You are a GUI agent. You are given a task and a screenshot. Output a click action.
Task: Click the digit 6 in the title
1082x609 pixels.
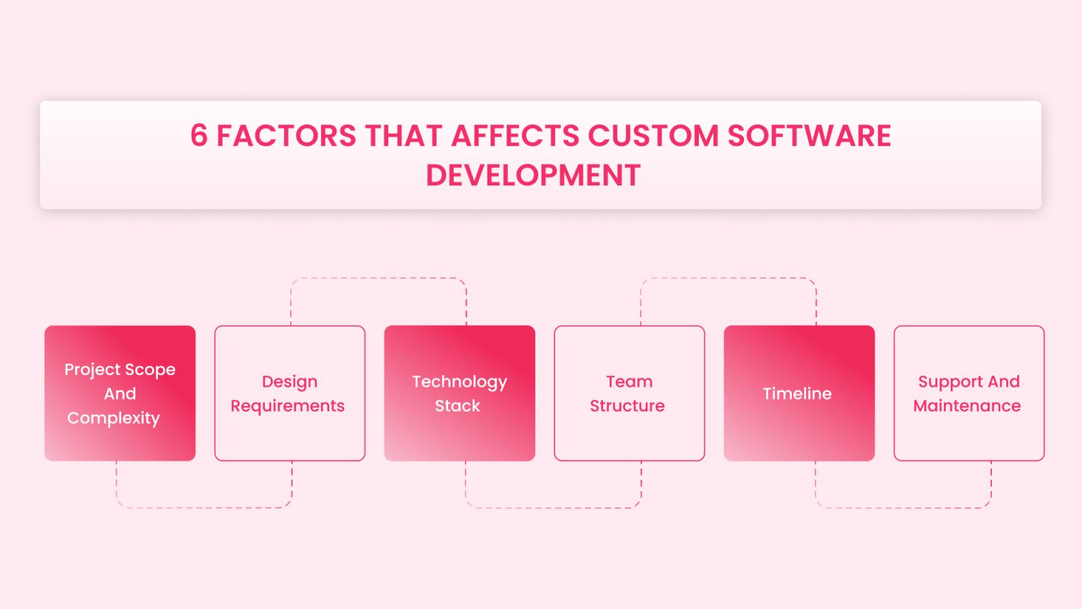[199, 136]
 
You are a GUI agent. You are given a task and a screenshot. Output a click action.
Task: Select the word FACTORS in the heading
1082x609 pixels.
[286, 136]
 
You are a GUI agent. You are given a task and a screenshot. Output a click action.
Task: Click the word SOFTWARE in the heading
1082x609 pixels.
[809, 136]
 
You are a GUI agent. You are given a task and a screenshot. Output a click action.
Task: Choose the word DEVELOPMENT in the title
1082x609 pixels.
[533, 176]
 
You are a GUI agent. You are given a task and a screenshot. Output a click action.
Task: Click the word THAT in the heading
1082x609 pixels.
[404, 136]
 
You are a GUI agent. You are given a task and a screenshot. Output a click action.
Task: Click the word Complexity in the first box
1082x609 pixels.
[113, 418]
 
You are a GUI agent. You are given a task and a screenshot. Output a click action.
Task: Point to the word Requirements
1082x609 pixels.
[287, 406]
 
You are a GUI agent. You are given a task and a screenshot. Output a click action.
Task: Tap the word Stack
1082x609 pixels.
[457, 406]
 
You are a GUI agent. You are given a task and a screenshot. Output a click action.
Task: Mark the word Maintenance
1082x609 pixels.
[966, 406]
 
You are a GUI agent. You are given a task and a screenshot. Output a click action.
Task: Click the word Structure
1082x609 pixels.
[627, 406]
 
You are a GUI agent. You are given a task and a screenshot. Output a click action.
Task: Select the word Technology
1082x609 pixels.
[459, 382]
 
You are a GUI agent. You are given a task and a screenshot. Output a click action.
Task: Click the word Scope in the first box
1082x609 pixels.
[150, 370]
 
